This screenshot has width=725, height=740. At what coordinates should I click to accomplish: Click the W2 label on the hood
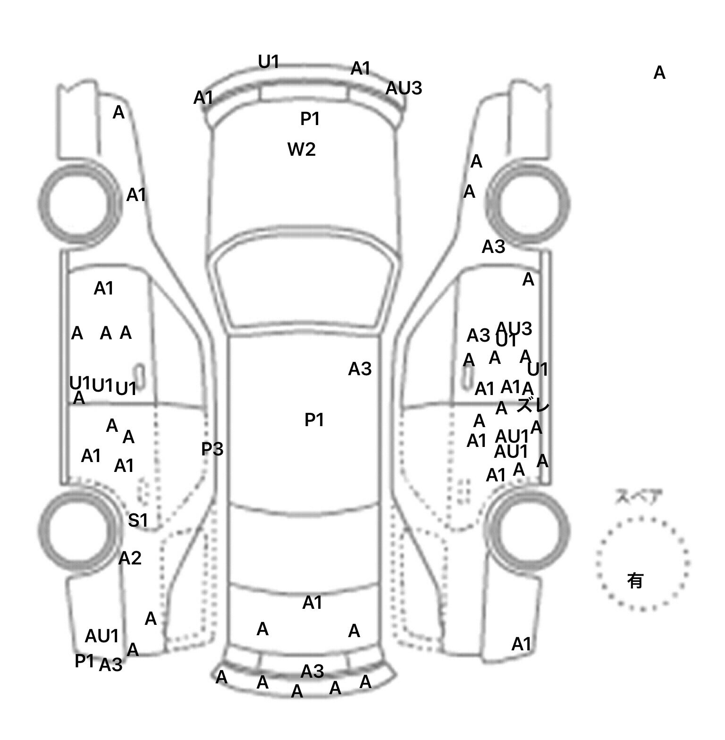pyautogui.click(x=301, y=150)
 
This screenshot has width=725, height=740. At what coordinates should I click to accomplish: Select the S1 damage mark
pyautogui.click(x=138, y=520)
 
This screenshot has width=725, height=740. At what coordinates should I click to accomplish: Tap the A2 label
pyautogui.click(x=130, y=558)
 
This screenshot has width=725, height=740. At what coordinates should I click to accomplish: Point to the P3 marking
pyautogui.click(x=212, y=449)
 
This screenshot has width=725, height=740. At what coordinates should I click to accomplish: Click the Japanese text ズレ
pyautogui.click(x=533, y=405)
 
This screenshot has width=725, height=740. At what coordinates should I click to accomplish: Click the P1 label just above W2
pyautogui.click(x=310, y=119)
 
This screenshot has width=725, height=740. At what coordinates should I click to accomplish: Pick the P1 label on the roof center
pyautogui.click(x=314, y=420)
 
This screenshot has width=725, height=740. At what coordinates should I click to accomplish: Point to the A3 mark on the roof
pyautogui.click(x=360, y=369)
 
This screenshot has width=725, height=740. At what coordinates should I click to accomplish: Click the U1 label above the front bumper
pyautogui.click(x=269, y=62)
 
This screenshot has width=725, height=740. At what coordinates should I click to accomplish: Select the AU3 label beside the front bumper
pyautogui.click(x=404, y=88)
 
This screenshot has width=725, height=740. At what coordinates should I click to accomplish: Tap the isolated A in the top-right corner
pyautogui.click(x=659, y=73)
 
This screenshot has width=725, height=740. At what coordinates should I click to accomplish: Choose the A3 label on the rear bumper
pyautogui.click(x=312, y=671)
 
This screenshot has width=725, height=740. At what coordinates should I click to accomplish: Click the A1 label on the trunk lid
pyautogui.click(x=312, y=603)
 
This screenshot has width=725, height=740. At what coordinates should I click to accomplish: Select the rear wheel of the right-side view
pyautogui.click(x=529, y=529)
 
